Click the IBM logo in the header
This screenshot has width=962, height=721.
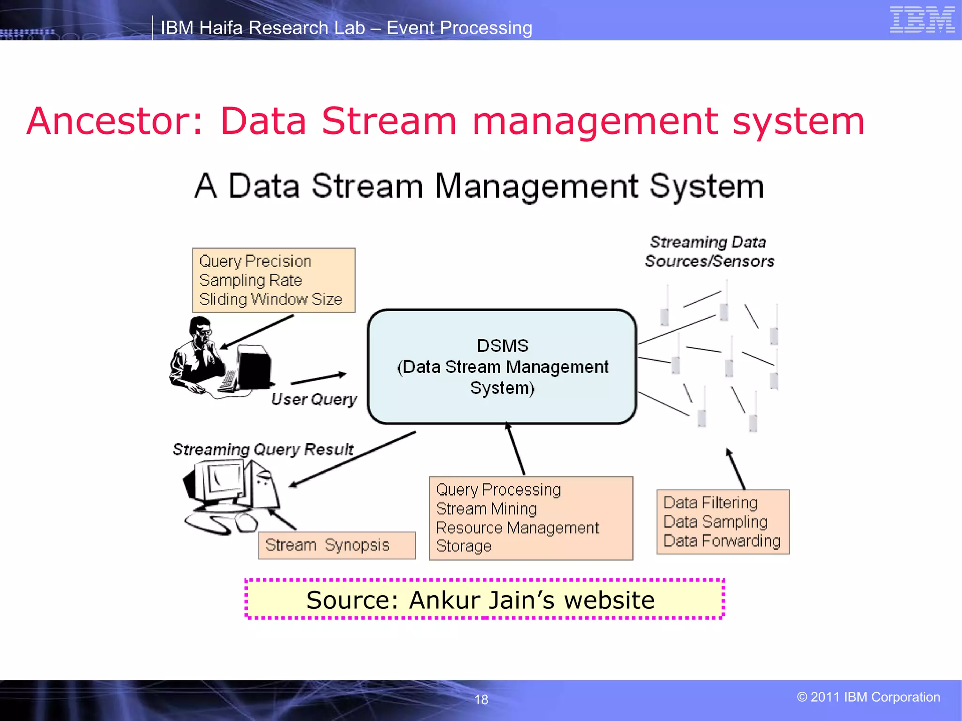pos(922,20)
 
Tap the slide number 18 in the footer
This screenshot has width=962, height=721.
pos(481,699)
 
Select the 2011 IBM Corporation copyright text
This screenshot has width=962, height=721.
pos(868,697)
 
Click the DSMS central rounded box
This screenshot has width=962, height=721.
pos(502,367)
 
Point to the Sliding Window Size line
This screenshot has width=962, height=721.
pos(271,299)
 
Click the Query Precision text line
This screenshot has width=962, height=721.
pos(255,261)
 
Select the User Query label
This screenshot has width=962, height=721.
pos(314,399)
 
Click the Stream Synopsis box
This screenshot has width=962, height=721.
pos(336,545)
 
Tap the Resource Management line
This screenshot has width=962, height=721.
pos(517,528)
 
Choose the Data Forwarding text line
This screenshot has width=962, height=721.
pos(721,541)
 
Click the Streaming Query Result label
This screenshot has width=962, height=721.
pos(263,449)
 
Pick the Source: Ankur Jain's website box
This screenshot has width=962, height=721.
pos(484,599)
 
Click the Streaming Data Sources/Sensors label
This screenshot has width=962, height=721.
pos(709,252)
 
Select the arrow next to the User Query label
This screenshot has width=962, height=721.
pos(318,378)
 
